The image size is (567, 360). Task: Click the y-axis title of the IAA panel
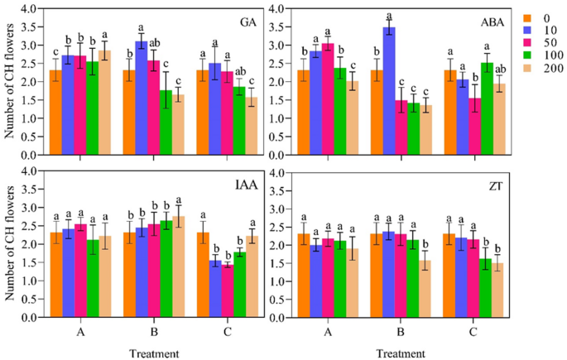coord(11,244)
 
